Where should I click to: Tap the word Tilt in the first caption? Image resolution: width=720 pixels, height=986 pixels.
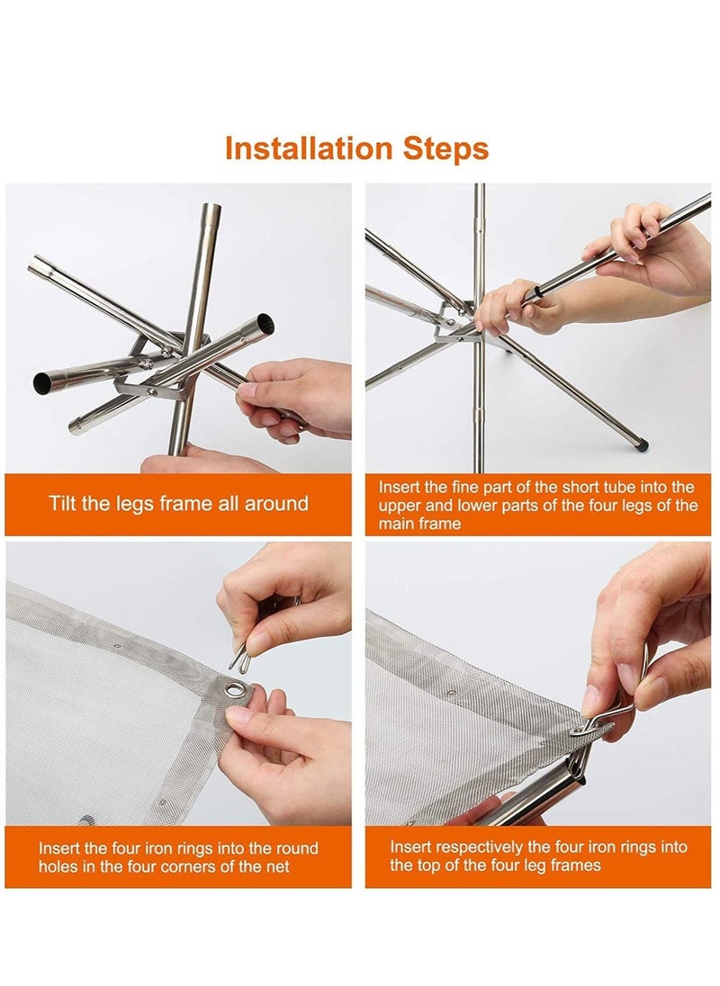63,504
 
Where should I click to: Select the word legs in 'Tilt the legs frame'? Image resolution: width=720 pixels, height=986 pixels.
136,505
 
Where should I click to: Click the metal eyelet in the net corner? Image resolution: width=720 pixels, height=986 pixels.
235,690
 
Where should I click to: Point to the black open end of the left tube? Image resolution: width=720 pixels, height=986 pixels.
43,383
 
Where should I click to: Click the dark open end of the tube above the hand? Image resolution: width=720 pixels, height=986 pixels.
266,323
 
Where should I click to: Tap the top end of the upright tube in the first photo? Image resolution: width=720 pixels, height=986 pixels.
211,207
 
